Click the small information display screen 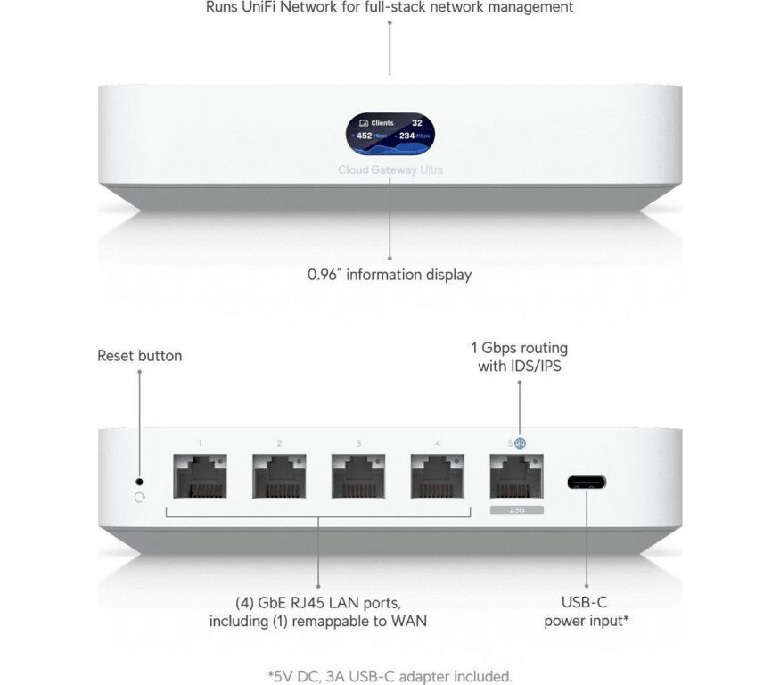click(390, 131)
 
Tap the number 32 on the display click(417, 122)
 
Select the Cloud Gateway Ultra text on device click(390, 169)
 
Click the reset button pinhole click(139, 481)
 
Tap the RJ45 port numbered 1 click(200, 476)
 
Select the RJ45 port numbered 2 click(279, 476)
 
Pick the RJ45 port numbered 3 click(358, 476)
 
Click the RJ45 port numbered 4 click(438, 476)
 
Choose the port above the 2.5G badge click(516, 476)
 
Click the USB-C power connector click(587, 483)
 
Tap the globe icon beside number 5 click(521, 442)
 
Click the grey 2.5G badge click(516, 509)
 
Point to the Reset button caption click(139, 356)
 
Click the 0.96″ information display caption click(390, 275)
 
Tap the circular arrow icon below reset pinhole click(139, 497)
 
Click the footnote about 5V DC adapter click(390, 675)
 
